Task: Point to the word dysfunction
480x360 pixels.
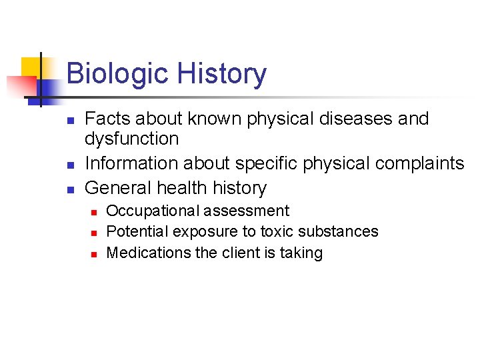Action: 131,139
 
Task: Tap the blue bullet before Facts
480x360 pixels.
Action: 70,121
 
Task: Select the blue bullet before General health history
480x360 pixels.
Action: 70,189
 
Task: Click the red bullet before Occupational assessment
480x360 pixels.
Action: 94,212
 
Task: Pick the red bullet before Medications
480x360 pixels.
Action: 94,254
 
